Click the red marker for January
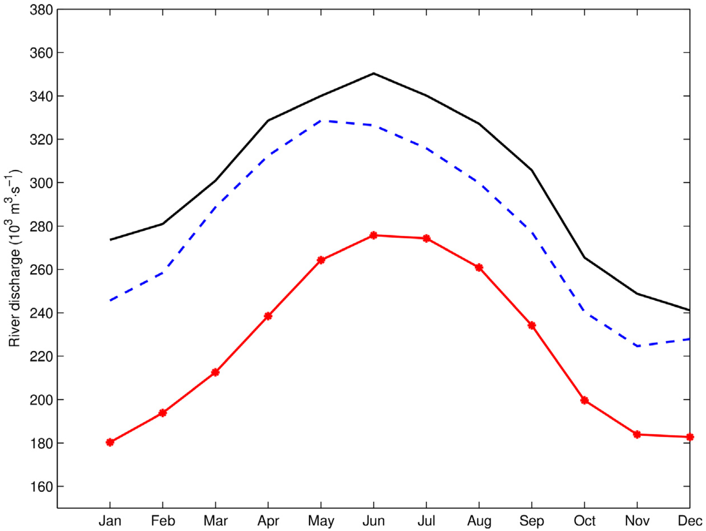(x=110, y=442)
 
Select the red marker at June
(x=373, y=235)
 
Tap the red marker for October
(x=584, y=400)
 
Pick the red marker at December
(x=689, y=437)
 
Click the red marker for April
(x=268, y=316)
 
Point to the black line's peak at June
(x=373, y=73)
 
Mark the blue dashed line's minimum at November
(x=637, y=346)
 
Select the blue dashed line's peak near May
(x=322, y=121)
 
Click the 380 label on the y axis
(x=41, y=10)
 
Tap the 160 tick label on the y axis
(x=41, y=487)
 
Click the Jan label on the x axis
(x=110, y=521)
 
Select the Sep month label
(x=531, y=521)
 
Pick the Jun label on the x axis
(x=373, y=521)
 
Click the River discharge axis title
(x=15, y=259)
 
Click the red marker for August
(x=479, y=267)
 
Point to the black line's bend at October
(x=584, y=257)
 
